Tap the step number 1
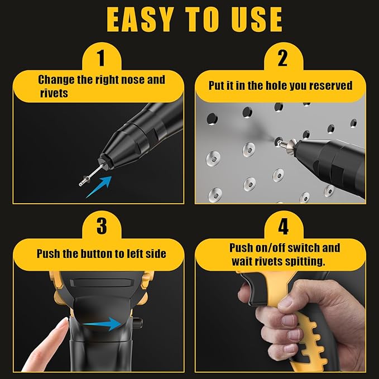[101, 57]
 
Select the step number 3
[101, 226]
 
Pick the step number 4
[282, 226]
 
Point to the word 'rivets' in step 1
[53, 93]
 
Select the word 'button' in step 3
[93, 253]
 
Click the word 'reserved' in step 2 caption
[332, 85]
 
